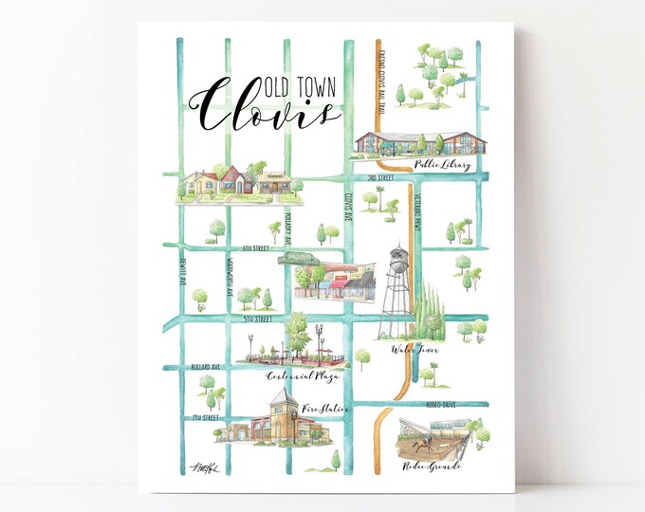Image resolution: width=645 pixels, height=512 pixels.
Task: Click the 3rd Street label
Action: click(381, 178)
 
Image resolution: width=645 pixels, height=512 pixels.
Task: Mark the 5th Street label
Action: click(259, 320)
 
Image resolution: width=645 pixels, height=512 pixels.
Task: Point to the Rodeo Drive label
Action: click(435, 404)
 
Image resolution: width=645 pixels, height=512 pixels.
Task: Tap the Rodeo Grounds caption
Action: click(431, 466)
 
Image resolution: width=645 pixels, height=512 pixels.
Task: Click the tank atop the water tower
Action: click(400, 259)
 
